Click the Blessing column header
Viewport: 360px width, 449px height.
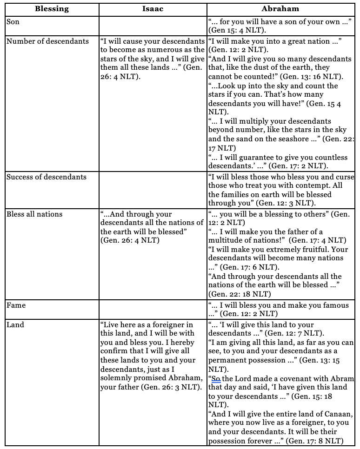pos(51,8)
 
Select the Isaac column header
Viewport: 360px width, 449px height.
pos(153,8)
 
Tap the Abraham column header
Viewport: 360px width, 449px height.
pos(280,8)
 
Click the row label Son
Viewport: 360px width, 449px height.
pos(13,21)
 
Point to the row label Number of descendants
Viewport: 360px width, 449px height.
pos(47,41)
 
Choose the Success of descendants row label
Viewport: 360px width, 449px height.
pos(47,177)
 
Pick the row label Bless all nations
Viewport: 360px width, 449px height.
pos(34,214)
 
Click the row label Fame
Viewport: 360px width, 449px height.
pos(16,305)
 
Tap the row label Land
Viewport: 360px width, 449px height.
pos(15,324)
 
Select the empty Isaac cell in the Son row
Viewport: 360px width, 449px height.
pos(153,26)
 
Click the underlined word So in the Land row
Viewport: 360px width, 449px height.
pos(216,378)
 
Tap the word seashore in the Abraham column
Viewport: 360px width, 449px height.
pos(298,139)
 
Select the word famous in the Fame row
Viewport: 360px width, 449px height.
pos(332,305)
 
